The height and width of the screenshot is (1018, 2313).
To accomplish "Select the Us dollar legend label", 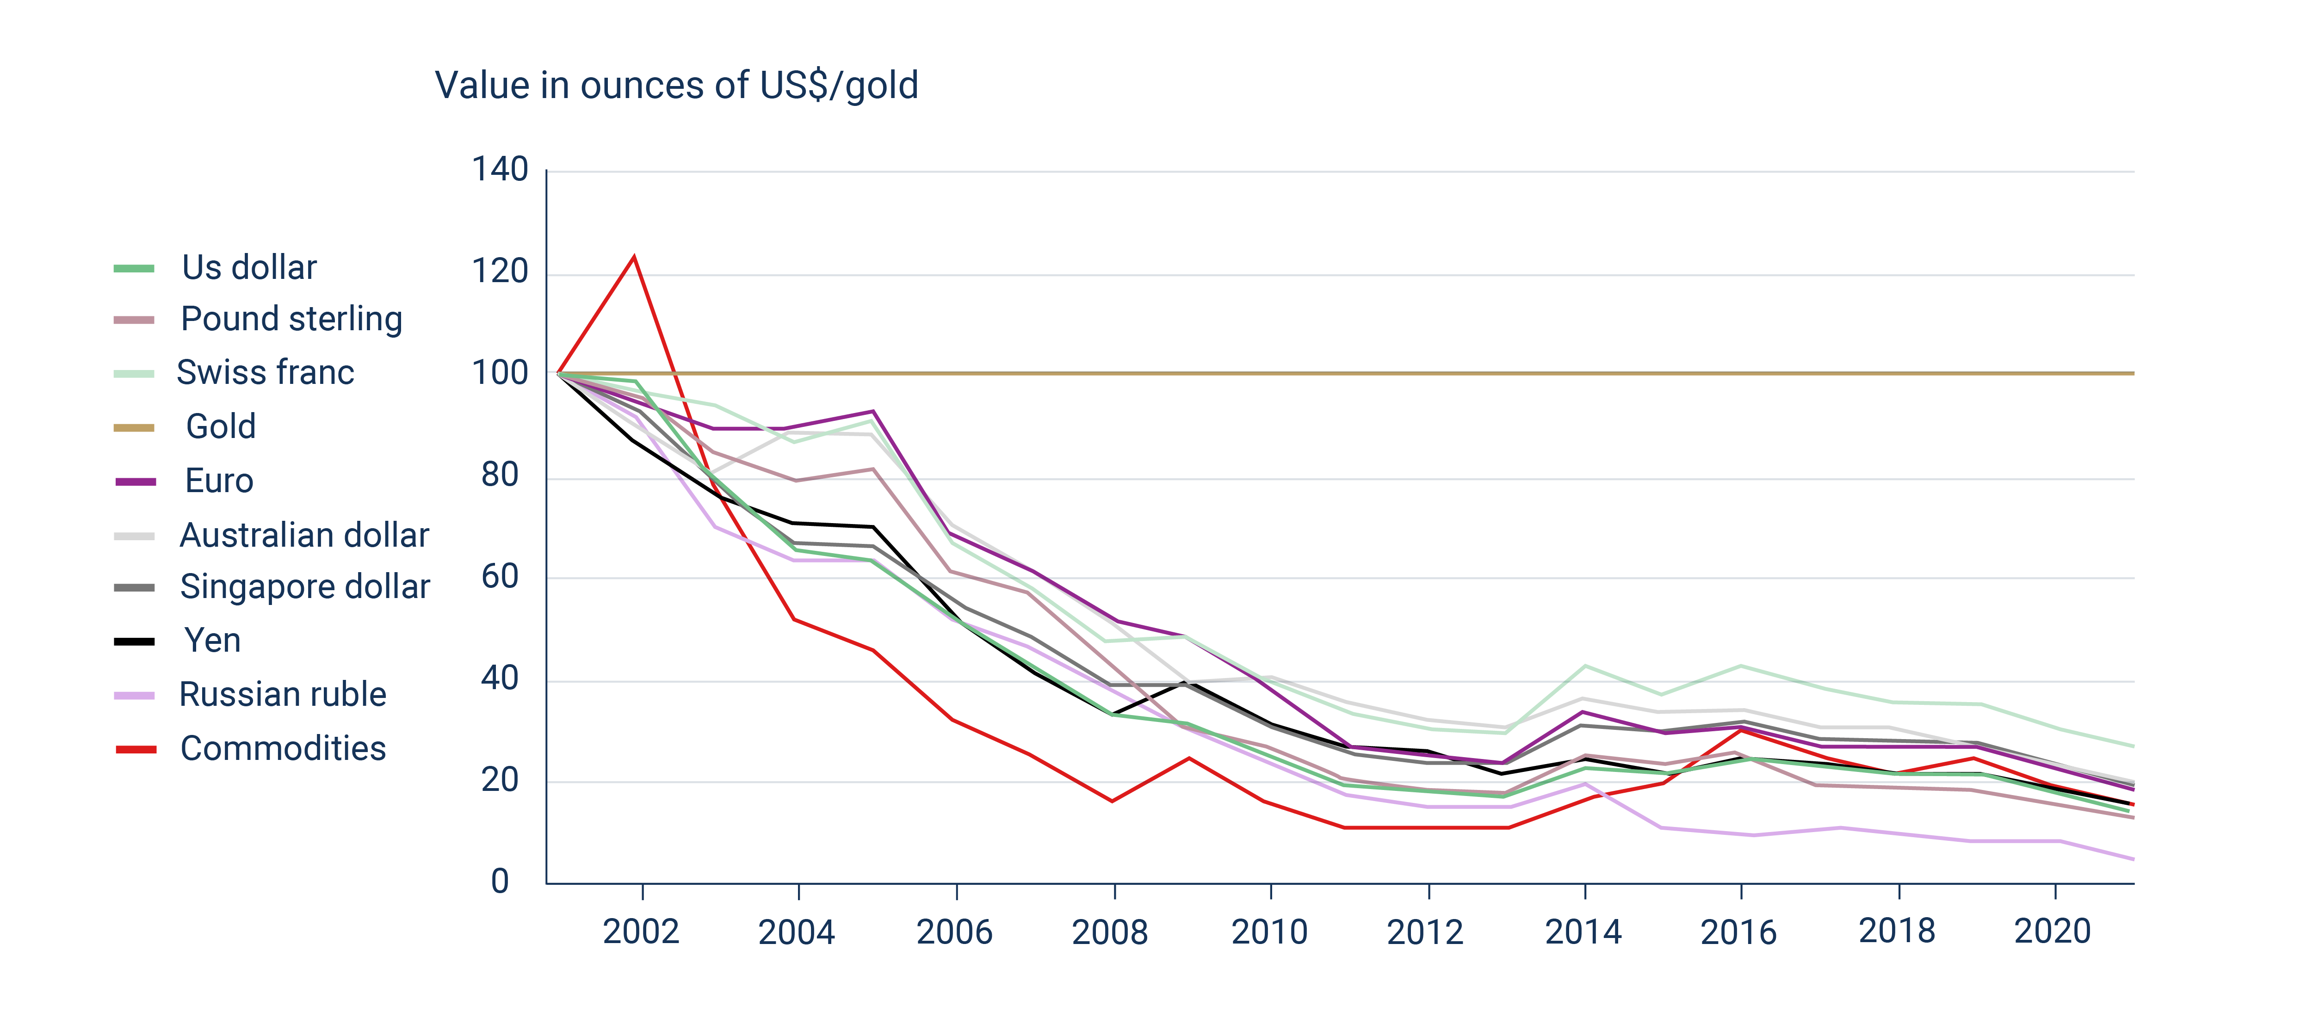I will click(x=249, y=267).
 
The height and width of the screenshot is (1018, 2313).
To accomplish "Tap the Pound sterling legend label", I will click(x=291, y=319).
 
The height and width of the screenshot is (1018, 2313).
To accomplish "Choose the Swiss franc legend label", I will click(x=265, y=372).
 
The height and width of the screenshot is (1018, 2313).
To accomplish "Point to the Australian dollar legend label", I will click(x=304, y=535).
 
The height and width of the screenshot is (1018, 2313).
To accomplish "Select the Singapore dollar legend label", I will click(x=304, y=586).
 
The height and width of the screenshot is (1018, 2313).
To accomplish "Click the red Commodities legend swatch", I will click(x=136, y=749).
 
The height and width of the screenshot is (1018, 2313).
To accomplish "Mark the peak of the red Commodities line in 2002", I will click(x=635, y=258).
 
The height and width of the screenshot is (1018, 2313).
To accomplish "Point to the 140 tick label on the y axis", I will click(x=500, y=170).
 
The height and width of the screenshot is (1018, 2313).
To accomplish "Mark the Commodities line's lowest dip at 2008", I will click(x=1113, y=801).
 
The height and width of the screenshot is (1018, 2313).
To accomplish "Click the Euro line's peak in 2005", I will click(x=873, y=412).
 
